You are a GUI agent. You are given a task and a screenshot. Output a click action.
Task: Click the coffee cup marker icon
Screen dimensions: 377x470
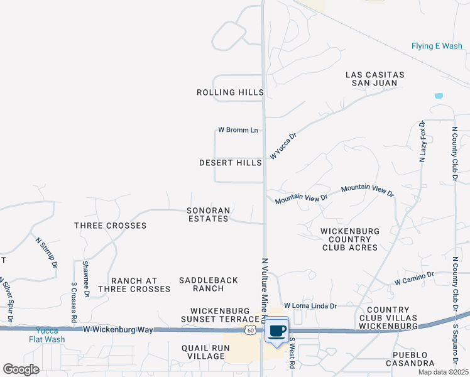tap(277, 331)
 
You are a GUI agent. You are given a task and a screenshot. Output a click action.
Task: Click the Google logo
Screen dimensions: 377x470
tap(21, 369)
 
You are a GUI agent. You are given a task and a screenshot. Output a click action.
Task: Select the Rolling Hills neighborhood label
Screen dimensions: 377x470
tap(230, 92)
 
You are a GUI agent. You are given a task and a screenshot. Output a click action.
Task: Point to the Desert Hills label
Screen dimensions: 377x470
tap(230, 163)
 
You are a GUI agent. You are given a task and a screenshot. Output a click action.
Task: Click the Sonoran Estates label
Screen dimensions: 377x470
tap(208, 214)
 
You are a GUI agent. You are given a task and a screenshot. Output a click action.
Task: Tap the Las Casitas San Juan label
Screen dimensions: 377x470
tap(375, 79)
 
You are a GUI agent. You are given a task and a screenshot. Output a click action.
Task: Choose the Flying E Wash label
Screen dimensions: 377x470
tap(437, 46)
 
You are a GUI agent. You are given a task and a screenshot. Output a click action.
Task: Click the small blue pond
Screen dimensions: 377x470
tap(439, 96)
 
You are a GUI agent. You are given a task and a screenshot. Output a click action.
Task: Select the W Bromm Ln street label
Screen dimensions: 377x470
tap(238, 130)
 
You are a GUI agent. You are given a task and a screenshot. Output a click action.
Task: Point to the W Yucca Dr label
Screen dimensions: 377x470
tap(283, 145)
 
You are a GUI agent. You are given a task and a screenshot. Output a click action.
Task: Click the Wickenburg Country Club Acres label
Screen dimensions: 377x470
tap(349, 239)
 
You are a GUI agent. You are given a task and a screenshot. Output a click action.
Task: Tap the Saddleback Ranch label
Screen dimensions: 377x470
tap(209, 284)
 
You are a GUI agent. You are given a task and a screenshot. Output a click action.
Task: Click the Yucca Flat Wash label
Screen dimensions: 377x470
tap(46, 335)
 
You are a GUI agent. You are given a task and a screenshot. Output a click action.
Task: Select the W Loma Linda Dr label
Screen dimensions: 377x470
tap(310, 305)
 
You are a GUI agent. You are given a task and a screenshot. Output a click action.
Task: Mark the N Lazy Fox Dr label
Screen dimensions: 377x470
tap(423, 142)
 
